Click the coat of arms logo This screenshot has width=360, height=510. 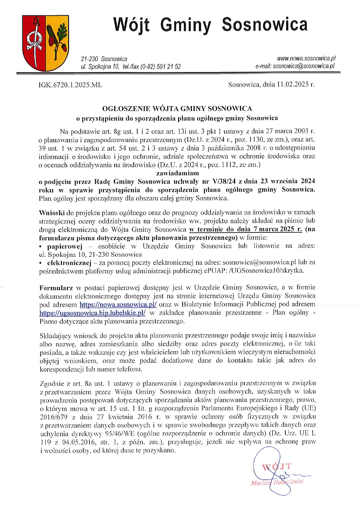click(46, 43)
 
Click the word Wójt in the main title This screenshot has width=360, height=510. click(132, 25)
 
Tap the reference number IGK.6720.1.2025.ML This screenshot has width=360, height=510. click(70, 85)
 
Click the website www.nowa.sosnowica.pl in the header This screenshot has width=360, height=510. click(306, 58)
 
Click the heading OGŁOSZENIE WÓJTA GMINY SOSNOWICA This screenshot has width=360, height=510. click(177, 109)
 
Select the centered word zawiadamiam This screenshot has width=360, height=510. click(177, 173)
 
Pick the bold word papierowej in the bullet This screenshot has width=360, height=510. click(65, 246)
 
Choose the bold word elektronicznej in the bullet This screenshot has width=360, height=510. click(69, 263)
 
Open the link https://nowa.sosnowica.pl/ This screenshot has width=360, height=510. click(118, 305)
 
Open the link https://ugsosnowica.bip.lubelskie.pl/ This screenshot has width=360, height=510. click(92, 313)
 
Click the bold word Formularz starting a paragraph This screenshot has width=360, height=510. click(56, 288)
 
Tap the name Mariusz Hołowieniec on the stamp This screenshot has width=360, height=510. click(277, 482)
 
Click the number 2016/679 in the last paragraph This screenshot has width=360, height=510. click(53, 417)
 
